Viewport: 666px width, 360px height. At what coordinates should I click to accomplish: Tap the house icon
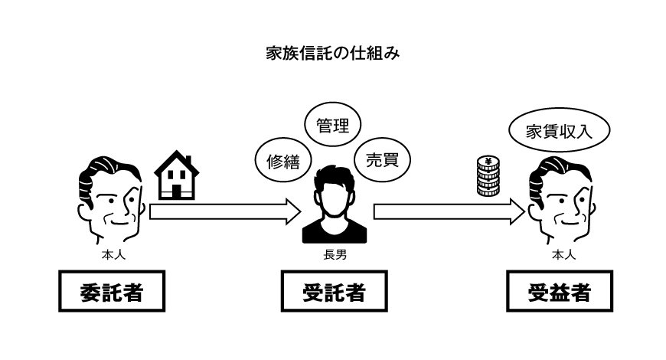tap(177, 175)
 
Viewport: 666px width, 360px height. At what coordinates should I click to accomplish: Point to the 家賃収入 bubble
tap(560, 131)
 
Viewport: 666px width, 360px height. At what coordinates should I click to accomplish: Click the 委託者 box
tap(113, 292)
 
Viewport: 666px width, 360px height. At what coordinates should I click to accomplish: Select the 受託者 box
tap(332, 292)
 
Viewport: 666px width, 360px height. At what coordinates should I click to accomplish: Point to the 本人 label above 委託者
tap(113, 252)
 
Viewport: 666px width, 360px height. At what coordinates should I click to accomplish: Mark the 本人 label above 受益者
tap(562, 252)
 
